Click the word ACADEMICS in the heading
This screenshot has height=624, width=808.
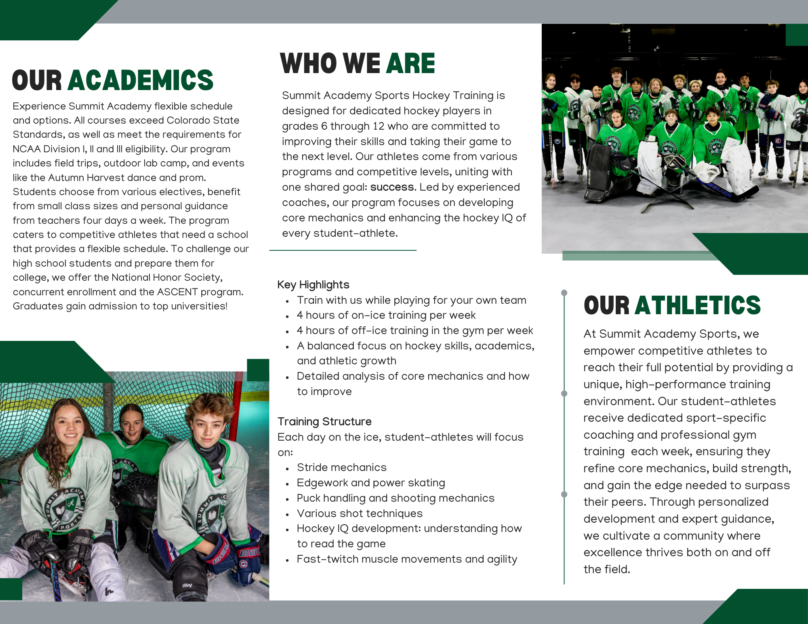[x=141, y=80]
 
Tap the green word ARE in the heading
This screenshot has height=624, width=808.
[x=410, y=63]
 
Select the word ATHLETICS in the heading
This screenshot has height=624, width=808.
[x=698, y=305]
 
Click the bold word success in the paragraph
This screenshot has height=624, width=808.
[x=392, y=187]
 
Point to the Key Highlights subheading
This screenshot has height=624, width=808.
[x=313, y=285]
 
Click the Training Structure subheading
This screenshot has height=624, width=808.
[x=324, y=422]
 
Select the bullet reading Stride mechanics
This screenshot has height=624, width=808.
[x=341, y=467]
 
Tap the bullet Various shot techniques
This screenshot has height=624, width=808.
[x=360, y=513]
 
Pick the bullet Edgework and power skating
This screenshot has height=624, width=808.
[x=371, y=483]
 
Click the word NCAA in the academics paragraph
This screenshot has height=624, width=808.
[x=26, y=149]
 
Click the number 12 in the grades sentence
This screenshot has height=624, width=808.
[x=378, y=126]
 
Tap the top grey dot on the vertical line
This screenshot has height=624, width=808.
[x=564, y=292]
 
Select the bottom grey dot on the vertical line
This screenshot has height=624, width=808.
[x=564, y=494]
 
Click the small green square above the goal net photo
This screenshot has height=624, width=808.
[x=258, y=370]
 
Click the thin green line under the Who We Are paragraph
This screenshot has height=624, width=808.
[x=343, y=250]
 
